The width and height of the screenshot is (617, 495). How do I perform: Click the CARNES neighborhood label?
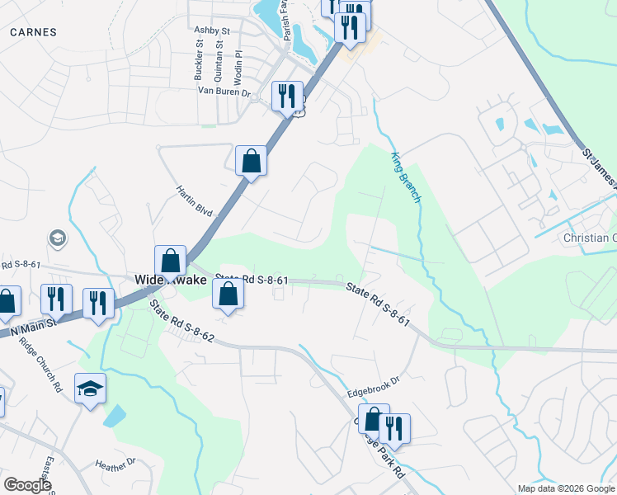[x=34, y=32]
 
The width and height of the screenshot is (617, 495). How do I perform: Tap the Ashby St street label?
[x=211, y=31]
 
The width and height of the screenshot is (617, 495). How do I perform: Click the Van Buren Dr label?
[x=224, y=92]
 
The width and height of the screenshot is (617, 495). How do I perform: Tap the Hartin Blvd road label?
[x=195, y=200]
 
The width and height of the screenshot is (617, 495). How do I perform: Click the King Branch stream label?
[x=405, y=177]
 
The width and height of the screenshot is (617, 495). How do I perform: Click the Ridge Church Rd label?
[x=40, y=364]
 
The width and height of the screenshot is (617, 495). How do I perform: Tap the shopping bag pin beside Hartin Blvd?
[x=251, y=162]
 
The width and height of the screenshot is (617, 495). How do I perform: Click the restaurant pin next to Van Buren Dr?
[x=287, y=97]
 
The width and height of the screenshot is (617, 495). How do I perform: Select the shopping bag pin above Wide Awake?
[x=170, y=261]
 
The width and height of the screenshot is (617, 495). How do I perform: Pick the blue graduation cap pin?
[x=90, y=389]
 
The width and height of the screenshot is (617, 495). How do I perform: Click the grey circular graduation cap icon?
[x=58, y=239]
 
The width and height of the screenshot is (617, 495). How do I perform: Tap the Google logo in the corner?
[x=27, y=485]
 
